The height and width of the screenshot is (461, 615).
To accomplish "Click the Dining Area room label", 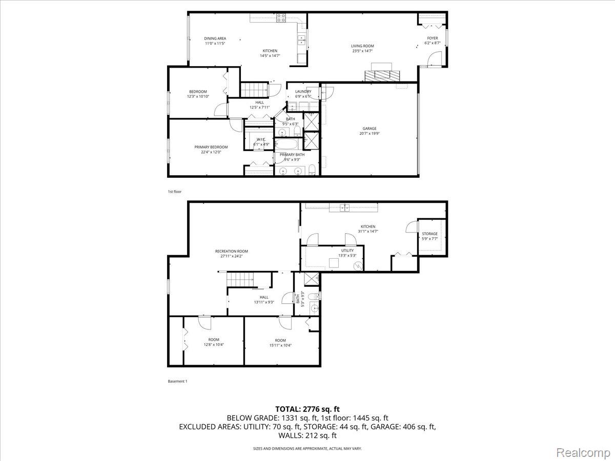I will click(215, 38).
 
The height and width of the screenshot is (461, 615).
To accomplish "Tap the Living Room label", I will click(362, 46).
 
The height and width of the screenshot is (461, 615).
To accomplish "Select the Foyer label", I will click(433, 38).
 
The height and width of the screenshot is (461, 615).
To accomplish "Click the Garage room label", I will click(370, 129).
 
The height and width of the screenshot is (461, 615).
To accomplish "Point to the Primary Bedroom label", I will click(211, 147).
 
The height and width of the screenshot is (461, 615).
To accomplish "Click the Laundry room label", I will click(303, 92).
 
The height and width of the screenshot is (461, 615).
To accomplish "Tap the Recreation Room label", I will click(231, 251).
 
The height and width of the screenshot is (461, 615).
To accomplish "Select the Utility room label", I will click(347, 250).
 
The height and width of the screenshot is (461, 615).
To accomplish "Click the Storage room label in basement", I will click(429, 234).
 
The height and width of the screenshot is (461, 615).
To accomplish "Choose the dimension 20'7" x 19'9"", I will click(370, 133).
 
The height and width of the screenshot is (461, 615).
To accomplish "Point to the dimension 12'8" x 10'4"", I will click(214, 344).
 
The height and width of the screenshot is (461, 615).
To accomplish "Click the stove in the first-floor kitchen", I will click(281, 18).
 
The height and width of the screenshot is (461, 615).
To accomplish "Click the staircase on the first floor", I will click(255, 90).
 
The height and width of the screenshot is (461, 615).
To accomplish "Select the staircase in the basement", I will click(240, 280).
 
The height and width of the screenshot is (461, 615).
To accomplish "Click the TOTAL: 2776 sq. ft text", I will click(307, 409).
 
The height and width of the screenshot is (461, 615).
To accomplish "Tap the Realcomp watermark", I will click(583, 452).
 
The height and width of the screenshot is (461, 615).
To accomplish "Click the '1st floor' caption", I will click(174, 192).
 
